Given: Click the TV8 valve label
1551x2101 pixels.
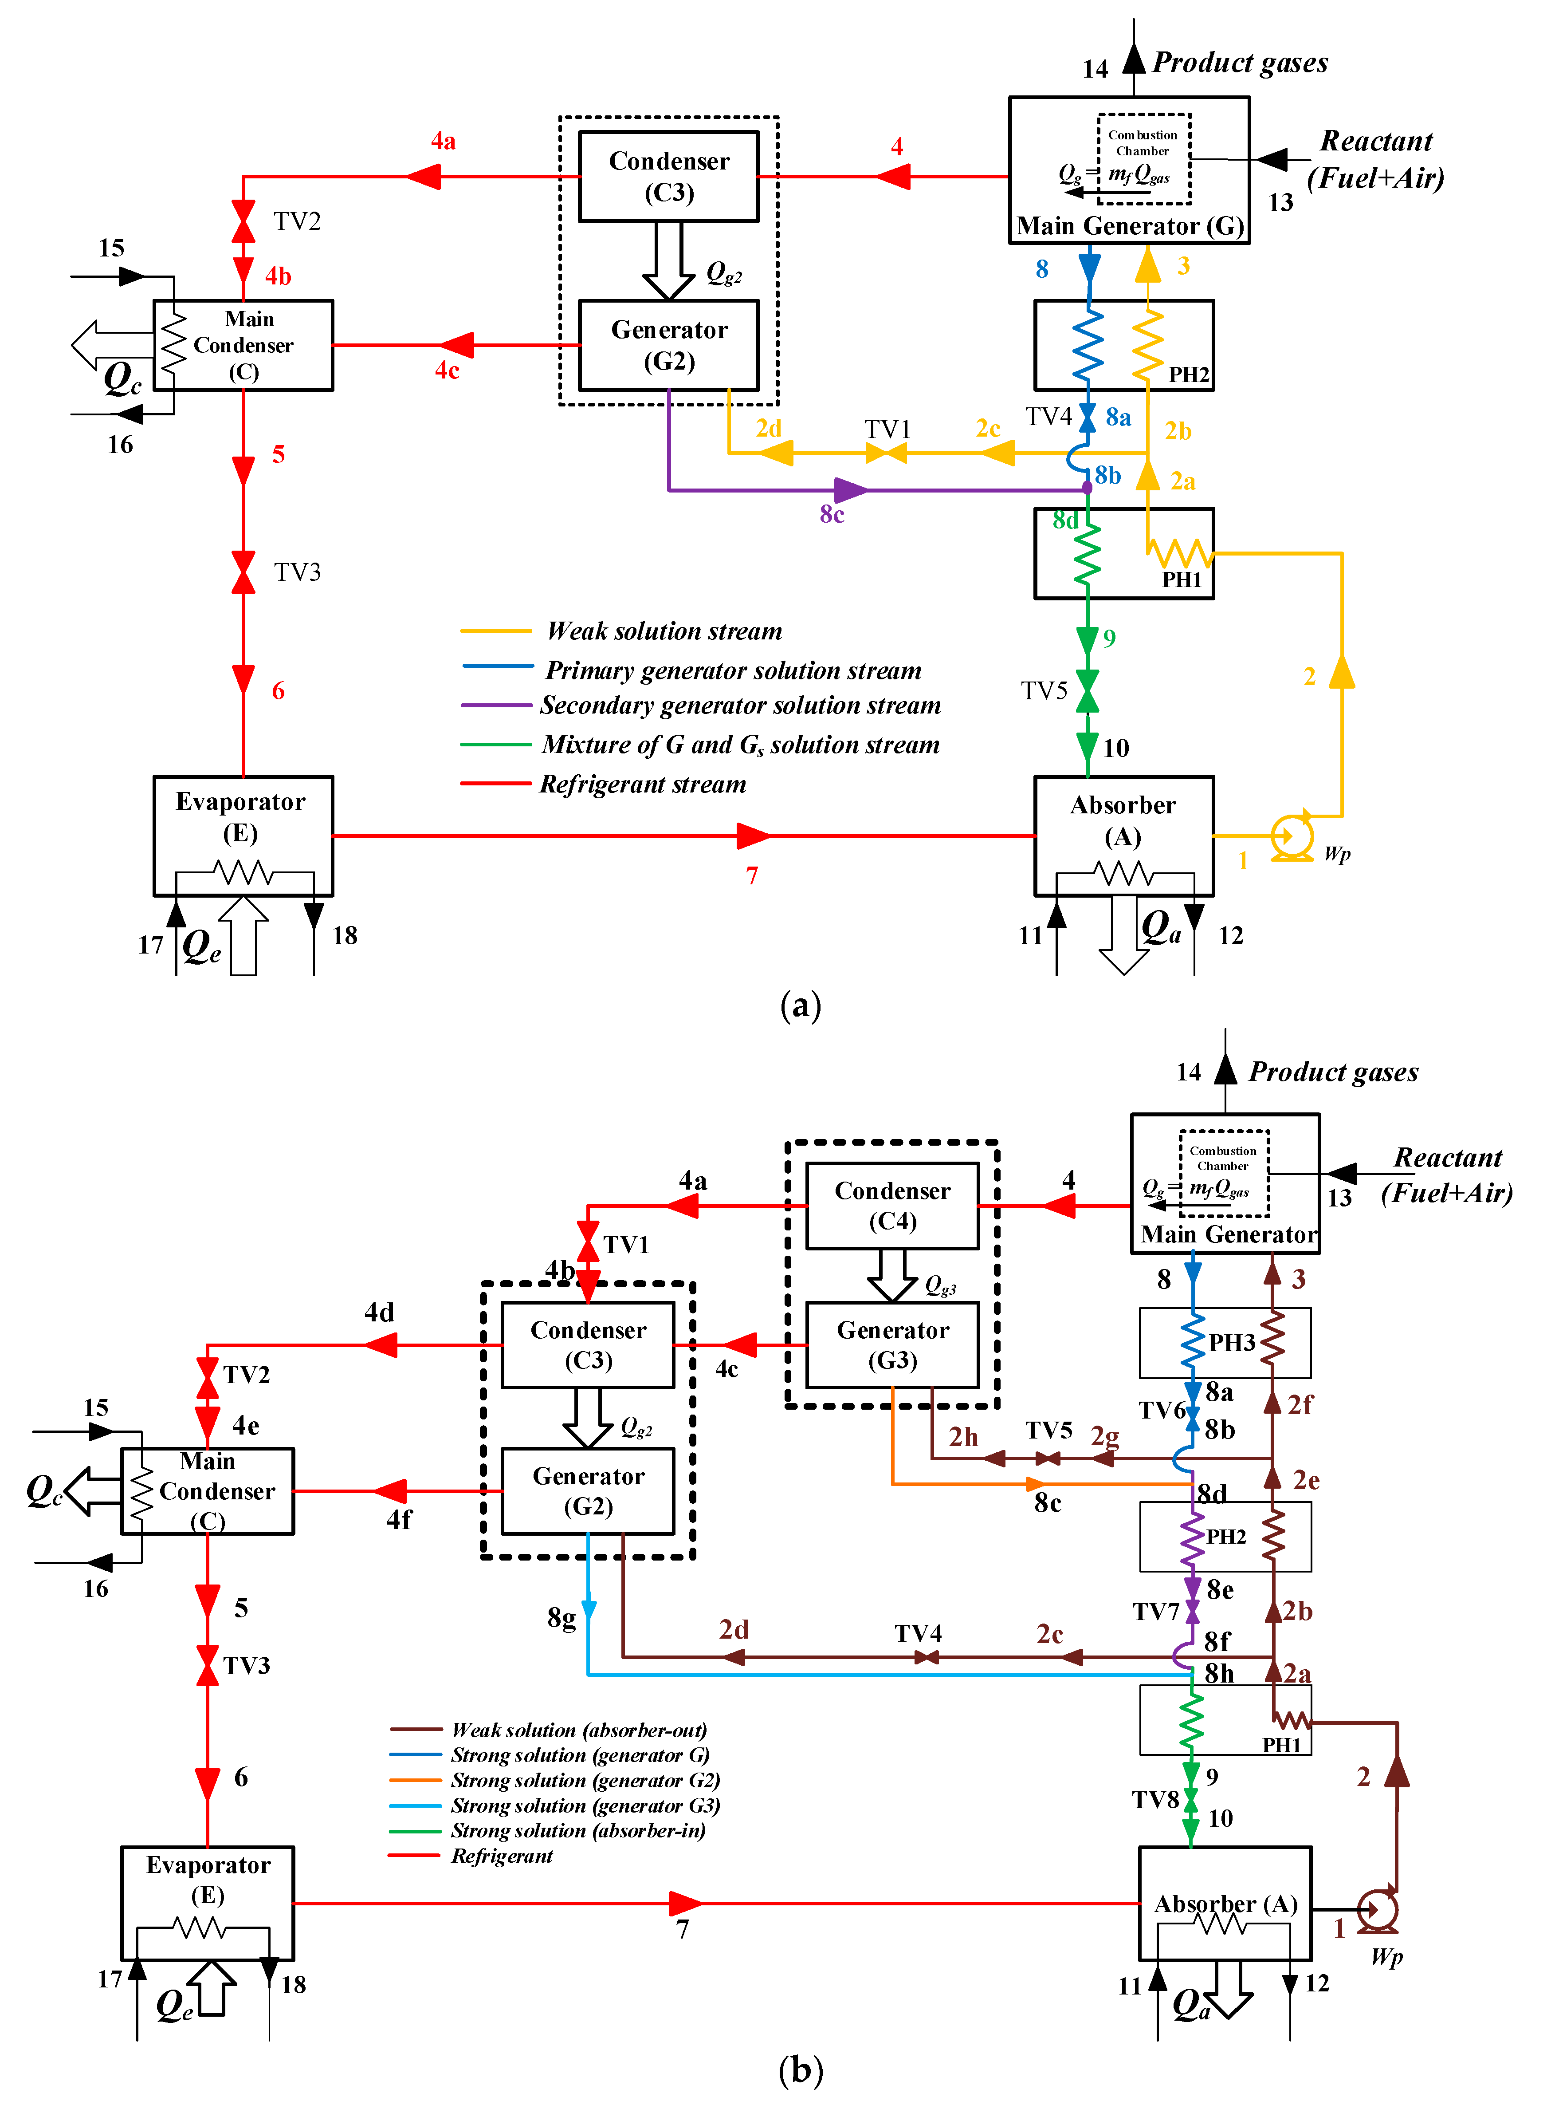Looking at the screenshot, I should click(x=1155, y=1800).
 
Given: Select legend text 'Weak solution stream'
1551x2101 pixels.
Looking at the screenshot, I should click(x=664, y=631).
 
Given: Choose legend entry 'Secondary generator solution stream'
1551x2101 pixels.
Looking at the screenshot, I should click(x=740, y=706).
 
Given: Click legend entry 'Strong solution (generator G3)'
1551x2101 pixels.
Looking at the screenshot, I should click(x=585, y=1805).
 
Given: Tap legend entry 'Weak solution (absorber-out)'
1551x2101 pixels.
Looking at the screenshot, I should click(x=578, y=1729).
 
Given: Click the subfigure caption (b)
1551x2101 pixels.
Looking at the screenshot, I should click(x=800, y=2069).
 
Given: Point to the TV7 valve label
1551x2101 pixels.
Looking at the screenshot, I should click(x=1155, y=1612).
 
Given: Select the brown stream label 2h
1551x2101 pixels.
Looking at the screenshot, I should click(x=962, y=1437).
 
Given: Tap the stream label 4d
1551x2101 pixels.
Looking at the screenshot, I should click(x=379, y=1312).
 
